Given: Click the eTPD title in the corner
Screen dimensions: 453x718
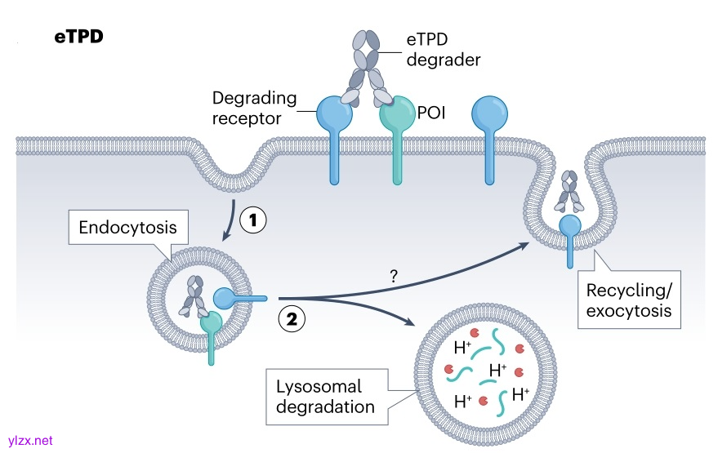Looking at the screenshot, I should point(78,37).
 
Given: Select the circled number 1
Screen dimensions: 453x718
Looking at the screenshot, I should point(253,220).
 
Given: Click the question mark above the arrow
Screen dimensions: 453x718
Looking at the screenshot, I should point(394,278).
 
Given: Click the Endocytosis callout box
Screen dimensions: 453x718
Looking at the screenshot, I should point(127,227).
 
